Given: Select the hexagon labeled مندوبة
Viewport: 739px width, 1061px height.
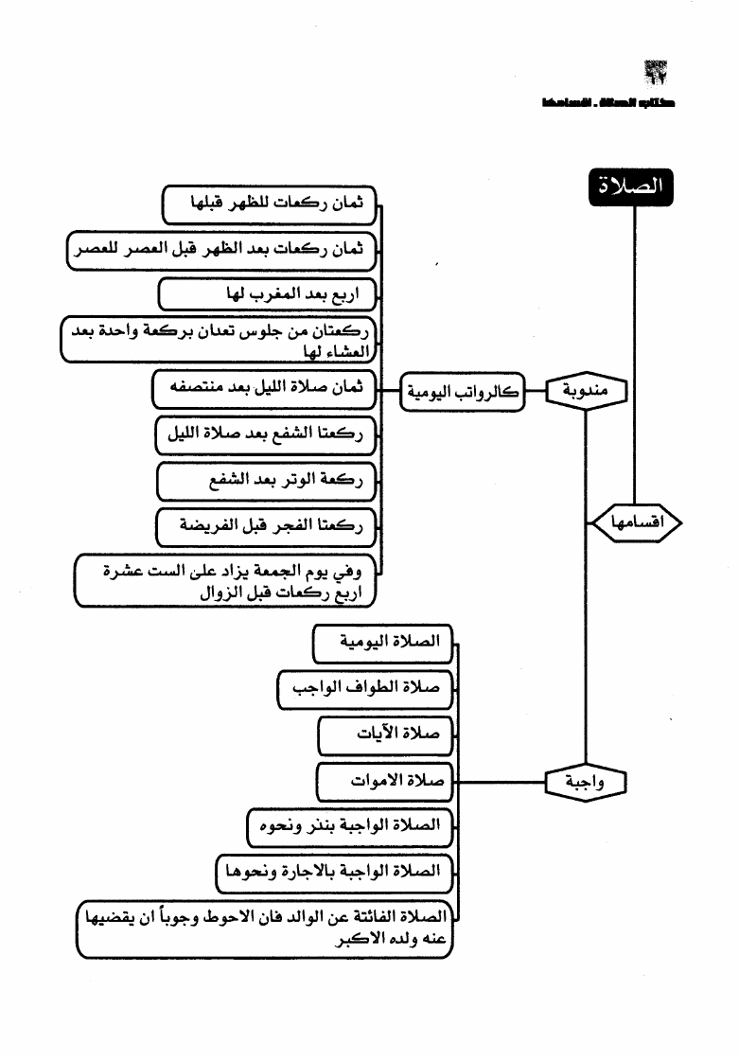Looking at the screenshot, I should [587, 390].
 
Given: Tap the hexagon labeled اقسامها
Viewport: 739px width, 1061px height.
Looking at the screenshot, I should [636, 522].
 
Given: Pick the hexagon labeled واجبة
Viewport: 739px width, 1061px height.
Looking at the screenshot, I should [587, 782].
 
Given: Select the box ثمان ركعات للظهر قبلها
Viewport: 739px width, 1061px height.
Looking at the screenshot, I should [271, 203].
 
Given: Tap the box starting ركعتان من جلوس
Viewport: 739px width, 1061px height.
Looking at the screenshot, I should [220, 341].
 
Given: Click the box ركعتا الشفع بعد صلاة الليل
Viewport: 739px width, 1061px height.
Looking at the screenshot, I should [265, 434].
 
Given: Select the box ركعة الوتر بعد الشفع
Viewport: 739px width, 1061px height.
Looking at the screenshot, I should [266, 481].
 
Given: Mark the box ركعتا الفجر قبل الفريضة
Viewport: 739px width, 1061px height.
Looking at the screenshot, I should [266, 527].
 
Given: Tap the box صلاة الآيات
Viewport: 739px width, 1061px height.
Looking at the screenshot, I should [385, 734].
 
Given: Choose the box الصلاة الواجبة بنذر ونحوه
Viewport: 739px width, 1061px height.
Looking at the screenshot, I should [349, 825].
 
